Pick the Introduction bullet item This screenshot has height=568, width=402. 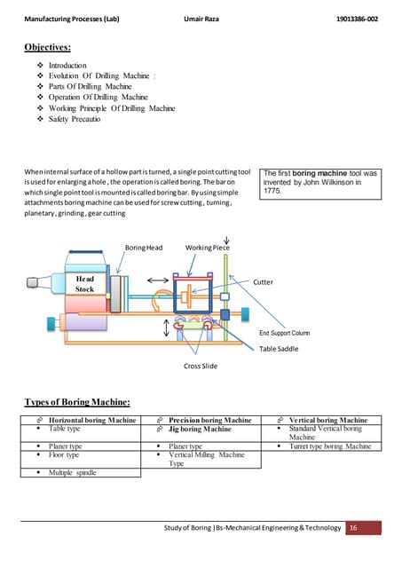(x=67, y=66)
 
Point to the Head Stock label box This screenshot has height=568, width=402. (x=85, y=283)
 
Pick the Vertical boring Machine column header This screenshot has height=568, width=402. (x=328, y=420)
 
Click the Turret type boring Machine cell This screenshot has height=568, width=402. (x=330, y=446)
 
